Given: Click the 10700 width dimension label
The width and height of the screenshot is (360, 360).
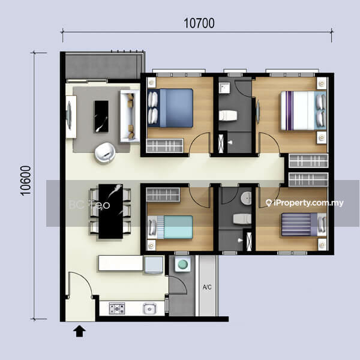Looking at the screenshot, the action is [199, 23].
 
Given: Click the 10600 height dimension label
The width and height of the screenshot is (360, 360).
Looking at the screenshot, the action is [25, 181].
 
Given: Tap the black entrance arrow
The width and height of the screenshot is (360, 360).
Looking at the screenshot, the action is [79, 331].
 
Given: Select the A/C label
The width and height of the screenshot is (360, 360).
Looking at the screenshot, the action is [207, 287].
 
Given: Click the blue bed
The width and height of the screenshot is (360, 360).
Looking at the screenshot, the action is [170, 108].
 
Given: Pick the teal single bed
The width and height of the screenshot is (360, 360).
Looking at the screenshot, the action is [170, 227].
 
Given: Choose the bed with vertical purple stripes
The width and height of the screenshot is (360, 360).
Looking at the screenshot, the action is [303, 110].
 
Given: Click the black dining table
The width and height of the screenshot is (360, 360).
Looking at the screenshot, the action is [110, 211].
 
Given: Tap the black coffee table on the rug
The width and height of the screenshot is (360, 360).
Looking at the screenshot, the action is [101, 116].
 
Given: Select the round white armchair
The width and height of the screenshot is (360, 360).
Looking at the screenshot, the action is [105, 152].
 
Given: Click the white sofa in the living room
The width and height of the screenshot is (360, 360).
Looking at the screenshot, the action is [130, 116].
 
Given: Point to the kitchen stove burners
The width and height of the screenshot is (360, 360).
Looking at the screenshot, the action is [117, 308].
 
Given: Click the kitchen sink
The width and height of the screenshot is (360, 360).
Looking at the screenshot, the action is [149, 308].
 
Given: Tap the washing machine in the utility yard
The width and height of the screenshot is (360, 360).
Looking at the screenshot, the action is [182, 264].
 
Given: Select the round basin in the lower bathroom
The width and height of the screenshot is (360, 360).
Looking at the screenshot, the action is [246, 197].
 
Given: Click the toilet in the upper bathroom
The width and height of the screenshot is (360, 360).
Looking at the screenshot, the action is [228, 115].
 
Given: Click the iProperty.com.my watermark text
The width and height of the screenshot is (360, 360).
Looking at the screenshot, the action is [305, 203].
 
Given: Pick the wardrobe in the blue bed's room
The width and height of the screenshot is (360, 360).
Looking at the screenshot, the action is [165, 146].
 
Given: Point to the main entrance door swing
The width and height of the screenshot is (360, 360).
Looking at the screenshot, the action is [80, 284].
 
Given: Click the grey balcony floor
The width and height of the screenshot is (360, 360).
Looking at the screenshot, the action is [103, 67].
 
